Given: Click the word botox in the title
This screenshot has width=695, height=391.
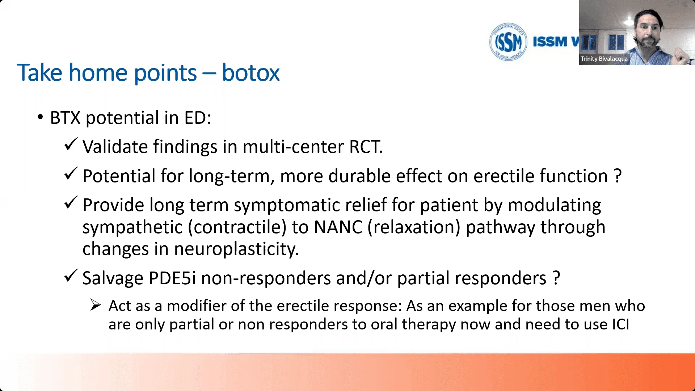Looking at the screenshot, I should tap(250, 73).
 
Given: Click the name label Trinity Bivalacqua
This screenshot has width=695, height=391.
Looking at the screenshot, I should tap(604, 59).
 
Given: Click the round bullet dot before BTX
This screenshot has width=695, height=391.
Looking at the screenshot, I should tap(40, 117).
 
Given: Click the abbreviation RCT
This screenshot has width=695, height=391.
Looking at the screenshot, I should tap(365, 147).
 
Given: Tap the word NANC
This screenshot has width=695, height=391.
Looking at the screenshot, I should tap(338, 227).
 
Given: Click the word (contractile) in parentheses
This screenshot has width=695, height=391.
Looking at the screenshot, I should tap(237, 227).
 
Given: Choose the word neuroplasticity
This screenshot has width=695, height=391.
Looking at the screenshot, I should tap(236, 249).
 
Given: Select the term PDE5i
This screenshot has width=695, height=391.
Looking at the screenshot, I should tap(172, 278).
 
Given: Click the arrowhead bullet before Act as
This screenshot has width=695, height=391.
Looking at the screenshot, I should tap(96, 305).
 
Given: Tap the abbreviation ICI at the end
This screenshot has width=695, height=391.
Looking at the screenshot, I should tap(620, 324).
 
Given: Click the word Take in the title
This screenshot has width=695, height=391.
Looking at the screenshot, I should tap(40, 73).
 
